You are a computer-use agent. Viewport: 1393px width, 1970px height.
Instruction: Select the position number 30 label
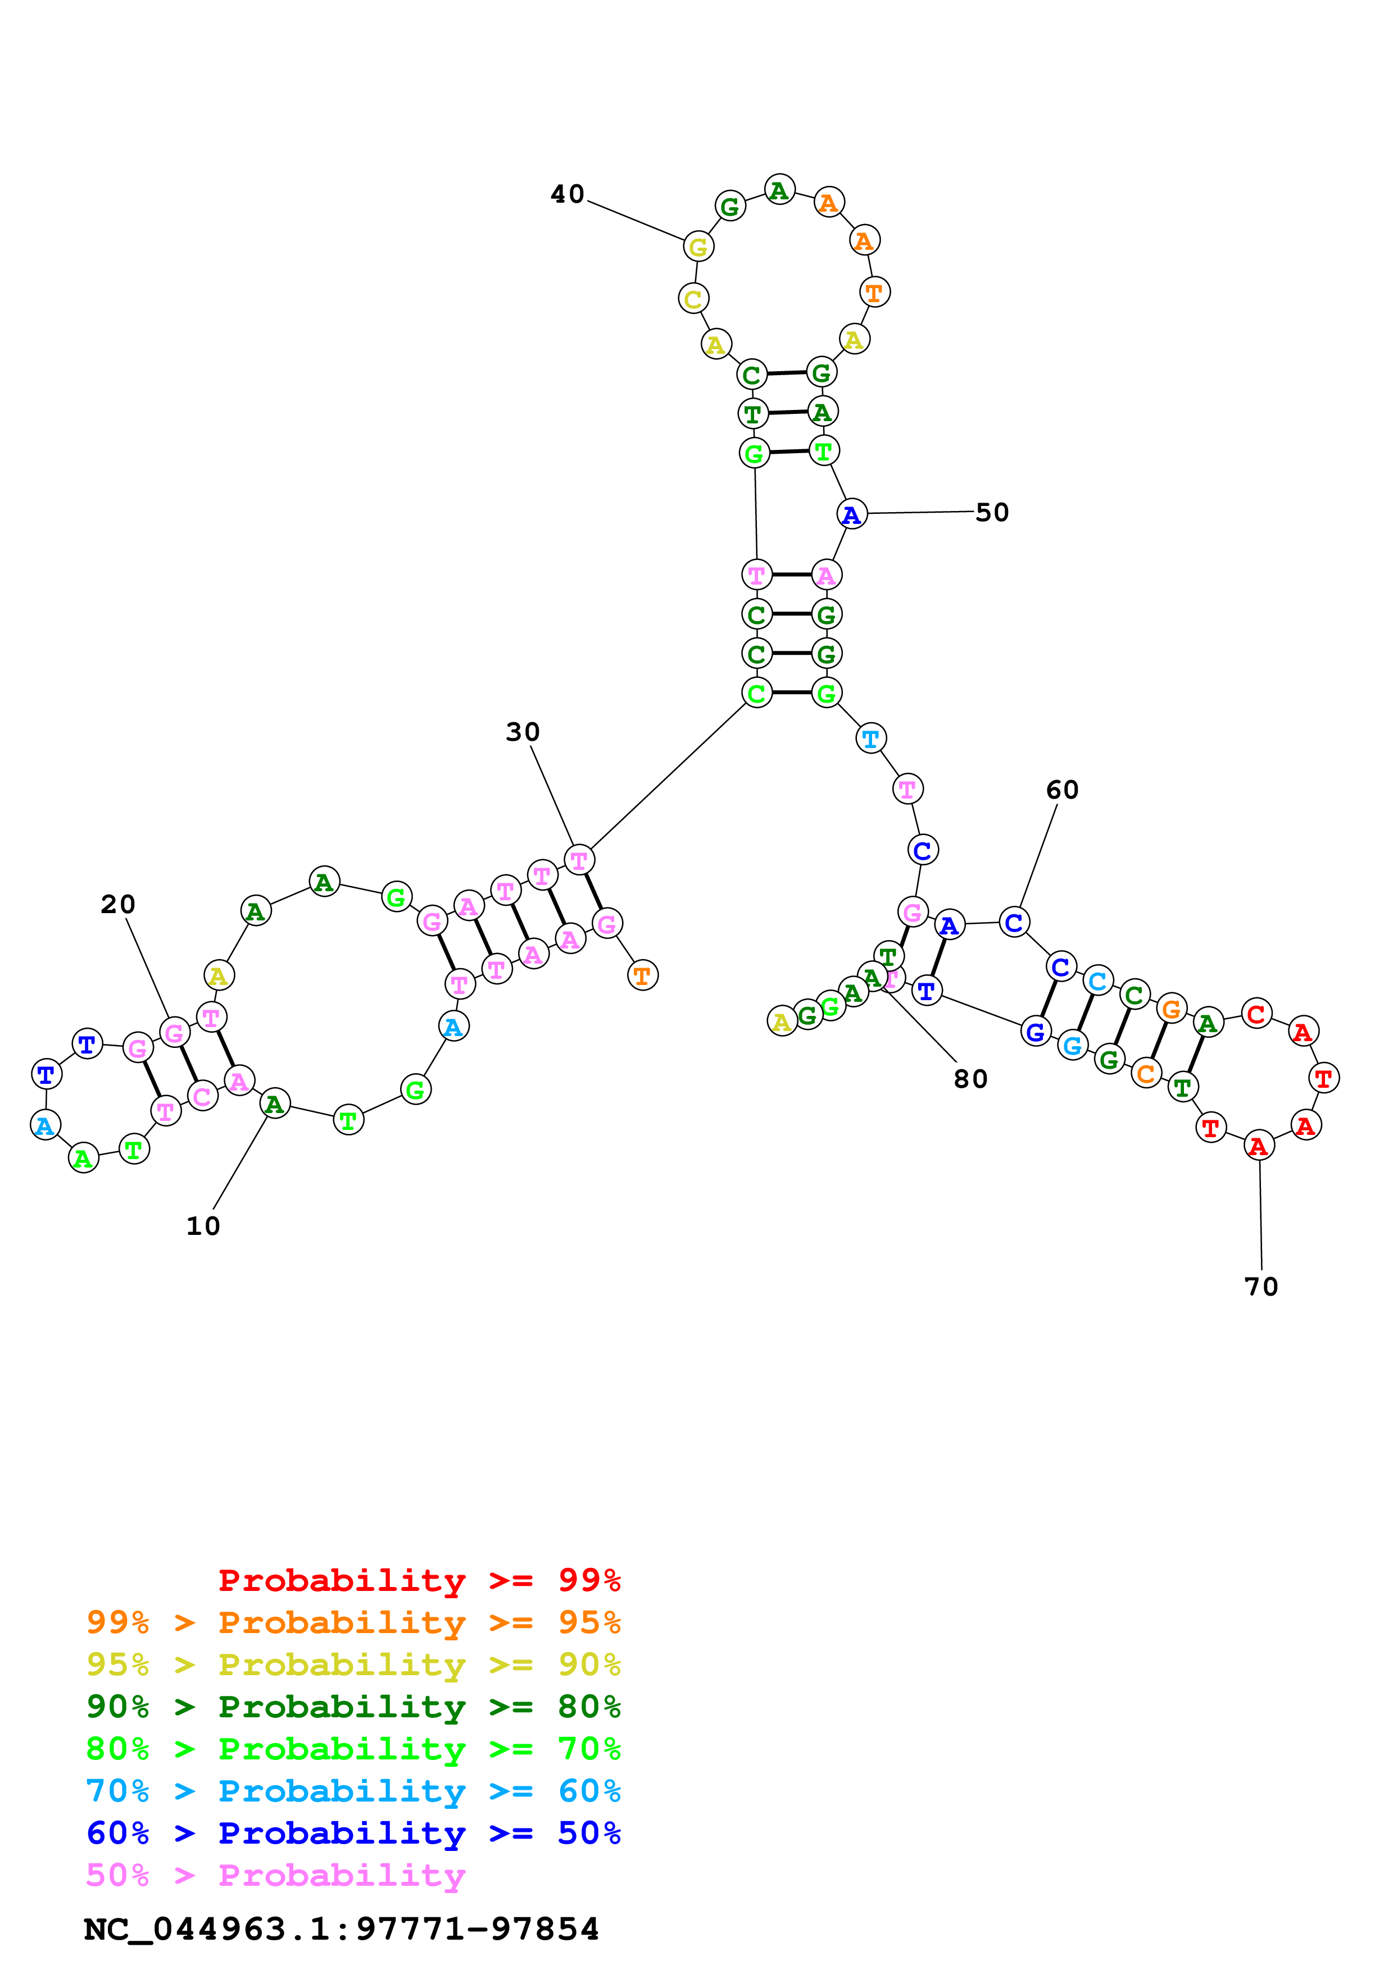(x=523, y=732)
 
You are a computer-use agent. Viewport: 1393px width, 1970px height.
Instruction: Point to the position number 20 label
(x=119, y=904)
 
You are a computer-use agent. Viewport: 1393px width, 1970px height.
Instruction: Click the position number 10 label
(x=203, y=1226)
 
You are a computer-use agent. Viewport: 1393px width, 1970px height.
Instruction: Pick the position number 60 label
(x=1063, y=790)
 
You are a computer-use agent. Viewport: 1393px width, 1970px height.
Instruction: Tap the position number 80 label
(x=971, y=1079)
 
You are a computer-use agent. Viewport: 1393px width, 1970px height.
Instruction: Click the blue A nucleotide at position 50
(x=851, y=514)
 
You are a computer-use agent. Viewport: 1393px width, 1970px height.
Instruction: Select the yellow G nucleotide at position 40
(x=698, y=247)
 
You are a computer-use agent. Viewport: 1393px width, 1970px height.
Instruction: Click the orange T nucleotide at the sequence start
(x=643, y=975)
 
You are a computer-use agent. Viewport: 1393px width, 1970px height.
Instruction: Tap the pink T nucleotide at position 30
(x=579, y=860)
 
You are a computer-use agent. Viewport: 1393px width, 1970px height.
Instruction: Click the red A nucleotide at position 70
(x=1259, y=1146)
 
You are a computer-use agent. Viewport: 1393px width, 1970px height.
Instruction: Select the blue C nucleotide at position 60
(x=1014, y=922)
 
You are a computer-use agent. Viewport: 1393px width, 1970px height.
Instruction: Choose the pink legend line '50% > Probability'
(x=275, y=1875)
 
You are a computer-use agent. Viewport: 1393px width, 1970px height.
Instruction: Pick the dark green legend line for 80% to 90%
(x=353, y=1707)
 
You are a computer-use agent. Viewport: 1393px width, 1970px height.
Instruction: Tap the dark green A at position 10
(x=275, y=1103)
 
